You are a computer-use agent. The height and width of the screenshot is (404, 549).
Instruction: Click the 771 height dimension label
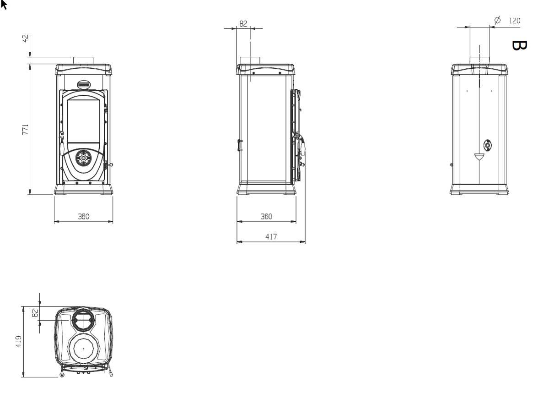25,129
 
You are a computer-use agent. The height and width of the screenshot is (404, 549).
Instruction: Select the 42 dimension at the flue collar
26,38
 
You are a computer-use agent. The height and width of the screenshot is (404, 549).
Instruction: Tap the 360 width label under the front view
84,217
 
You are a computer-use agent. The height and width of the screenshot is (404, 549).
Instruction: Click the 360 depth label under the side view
266,217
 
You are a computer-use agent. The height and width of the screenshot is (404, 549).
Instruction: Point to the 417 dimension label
271,237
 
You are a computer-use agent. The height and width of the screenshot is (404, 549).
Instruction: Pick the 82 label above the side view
243,23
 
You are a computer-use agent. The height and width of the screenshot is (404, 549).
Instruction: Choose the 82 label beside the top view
35,313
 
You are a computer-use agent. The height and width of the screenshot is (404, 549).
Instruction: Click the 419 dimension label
19,341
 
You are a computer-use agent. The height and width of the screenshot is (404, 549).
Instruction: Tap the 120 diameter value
515,21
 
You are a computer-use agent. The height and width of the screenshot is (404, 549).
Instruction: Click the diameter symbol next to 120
497,20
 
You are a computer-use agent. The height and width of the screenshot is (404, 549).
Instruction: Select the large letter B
519,46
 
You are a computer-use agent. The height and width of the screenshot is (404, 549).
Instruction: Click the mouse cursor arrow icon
4,5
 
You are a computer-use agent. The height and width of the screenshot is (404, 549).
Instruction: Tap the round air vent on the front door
83,158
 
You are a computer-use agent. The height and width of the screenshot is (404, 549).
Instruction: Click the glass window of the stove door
83,121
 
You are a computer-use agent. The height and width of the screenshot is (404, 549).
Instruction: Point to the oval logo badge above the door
84,85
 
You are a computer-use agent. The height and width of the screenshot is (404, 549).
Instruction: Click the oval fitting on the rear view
488,146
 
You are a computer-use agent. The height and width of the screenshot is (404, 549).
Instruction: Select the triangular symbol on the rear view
479,157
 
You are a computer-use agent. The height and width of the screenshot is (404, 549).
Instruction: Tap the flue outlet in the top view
83,320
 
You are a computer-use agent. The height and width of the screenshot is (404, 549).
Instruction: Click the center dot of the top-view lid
84,349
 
